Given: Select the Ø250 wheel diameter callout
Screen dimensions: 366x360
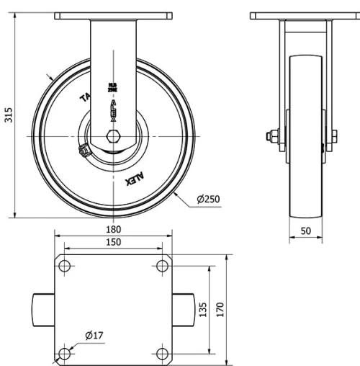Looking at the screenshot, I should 208,199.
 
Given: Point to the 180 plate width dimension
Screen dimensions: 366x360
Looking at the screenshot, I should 114,229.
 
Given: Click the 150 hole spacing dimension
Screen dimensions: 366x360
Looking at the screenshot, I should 114,243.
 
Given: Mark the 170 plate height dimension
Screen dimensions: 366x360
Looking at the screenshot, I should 221,309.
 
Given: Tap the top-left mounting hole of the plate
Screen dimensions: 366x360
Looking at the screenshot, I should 65,266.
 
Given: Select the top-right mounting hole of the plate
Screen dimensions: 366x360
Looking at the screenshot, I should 162,266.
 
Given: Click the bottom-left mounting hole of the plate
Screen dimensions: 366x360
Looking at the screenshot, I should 65,353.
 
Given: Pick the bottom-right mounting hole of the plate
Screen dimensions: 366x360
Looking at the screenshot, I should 162,353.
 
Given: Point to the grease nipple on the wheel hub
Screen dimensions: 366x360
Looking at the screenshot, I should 83,151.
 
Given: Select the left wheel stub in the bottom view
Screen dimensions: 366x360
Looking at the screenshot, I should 43,309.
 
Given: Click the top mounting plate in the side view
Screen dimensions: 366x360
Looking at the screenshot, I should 303,15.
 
